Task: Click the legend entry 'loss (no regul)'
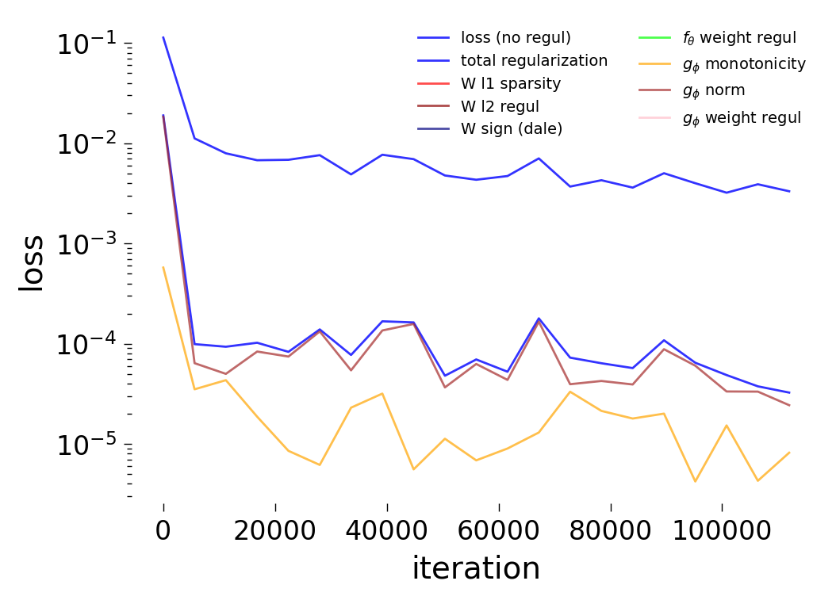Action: (516, 37)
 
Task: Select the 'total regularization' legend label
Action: (534, 60)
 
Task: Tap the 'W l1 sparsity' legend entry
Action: (511, 83)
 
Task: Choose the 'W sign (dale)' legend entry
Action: (512, 129)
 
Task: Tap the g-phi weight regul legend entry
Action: (742, 118)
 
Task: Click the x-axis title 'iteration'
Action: (476, 568)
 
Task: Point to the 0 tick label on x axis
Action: (163, 529)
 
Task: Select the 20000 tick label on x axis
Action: (275, 529)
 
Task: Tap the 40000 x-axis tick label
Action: (387, 529)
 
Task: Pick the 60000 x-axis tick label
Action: (498, 529)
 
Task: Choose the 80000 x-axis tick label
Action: (610, 529)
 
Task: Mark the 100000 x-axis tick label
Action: (721, 529)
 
